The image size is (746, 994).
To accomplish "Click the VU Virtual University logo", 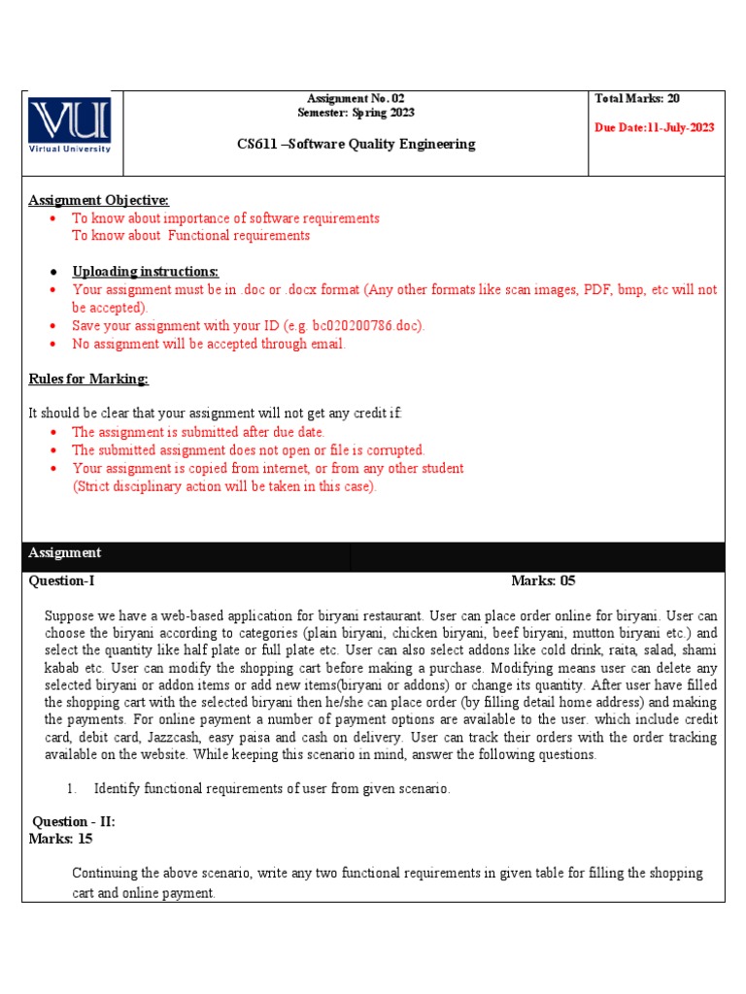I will point(69,124).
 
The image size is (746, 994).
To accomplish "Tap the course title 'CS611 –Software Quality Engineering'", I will point(356,144).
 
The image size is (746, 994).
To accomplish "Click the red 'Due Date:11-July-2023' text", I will point(654,128).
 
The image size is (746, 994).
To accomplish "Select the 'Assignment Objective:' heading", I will point(98,200).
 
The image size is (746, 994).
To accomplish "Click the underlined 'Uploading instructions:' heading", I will point(145,271).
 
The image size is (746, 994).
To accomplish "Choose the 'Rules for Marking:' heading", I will point(88,379).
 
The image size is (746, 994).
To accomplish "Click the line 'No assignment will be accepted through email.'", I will point(209,344).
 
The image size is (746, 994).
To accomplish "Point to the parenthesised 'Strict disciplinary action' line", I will point(224,486).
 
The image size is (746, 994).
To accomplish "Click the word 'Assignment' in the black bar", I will point(65,552).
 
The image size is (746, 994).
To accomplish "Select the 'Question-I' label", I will point(62,581).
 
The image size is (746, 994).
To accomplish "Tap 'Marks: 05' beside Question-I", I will point(543,581).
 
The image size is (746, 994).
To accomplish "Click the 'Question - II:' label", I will point(74,821).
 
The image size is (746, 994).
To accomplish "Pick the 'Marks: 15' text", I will point(61,839).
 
